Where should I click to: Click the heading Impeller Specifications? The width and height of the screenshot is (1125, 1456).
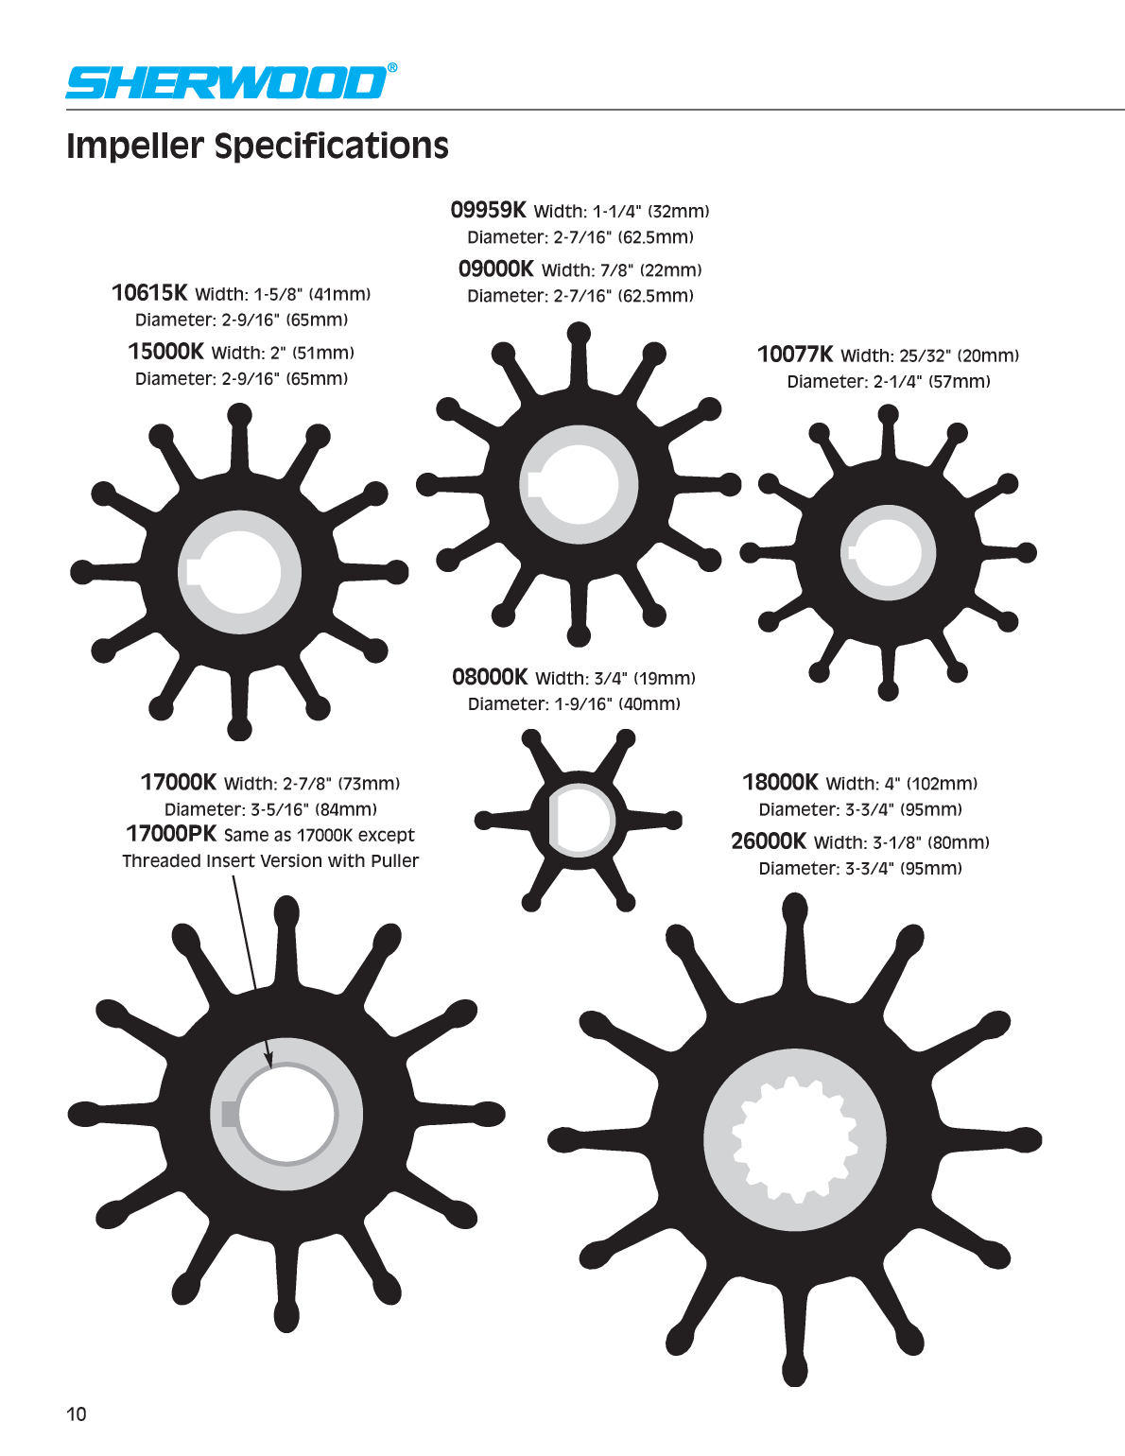click(257, 146)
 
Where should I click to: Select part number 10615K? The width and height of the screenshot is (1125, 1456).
click(149, 293)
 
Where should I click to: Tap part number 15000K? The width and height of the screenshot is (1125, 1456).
click(166, 351)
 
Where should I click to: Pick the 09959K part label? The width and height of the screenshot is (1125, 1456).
click(489, 210)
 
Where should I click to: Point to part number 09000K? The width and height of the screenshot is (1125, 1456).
click(495, 269)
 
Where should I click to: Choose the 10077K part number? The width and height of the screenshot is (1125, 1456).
click(795, 354)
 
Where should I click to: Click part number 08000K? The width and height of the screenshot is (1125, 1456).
click(490, 677)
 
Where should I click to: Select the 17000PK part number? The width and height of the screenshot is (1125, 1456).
click(171, 834)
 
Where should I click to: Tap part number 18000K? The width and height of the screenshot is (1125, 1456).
click(781, 782)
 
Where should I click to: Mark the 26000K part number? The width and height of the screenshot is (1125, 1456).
click(769, 841)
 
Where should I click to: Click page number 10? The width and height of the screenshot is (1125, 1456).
click(77, 1414)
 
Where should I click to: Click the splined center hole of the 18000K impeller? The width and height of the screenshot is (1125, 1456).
click(795, 1139)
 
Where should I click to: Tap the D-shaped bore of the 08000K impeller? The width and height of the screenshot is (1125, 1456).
click(580, 820)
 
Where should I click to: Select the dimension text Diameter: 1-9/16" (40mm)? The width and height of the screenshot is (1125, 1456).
click(574, 704)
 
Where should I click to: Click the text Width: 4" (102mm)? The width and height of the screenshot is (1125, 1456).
click(902, 783)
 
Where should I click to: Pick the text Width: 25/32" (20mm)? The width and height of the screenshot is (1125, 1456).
click(930, 355)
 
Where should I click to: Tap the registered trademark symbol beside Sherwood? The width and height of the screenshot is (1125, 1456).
click(392, 68)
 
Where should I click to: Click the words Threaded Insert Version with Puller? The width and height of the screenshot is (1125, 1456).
click(270, 861)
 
